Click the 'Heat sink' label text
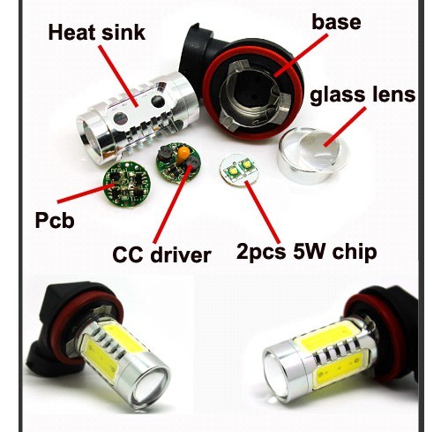click(97, 32)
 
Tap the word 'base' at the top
click(336, 22)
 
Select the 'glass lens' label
click(363, 95)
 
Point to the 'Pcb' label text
click(55, 220)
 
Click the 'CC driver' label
click(161, 254)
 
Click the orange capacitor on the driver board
click(184, 153)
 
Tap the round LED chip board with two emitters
click(239, 171)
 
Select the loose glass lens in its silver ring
click(313, 155)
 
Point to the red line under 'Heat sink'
click(118, 76)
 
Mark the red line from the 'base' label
click(301, 55)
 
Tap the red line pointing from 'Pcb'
click(86, 193)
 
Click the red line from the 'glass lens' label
click(346, 127)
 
